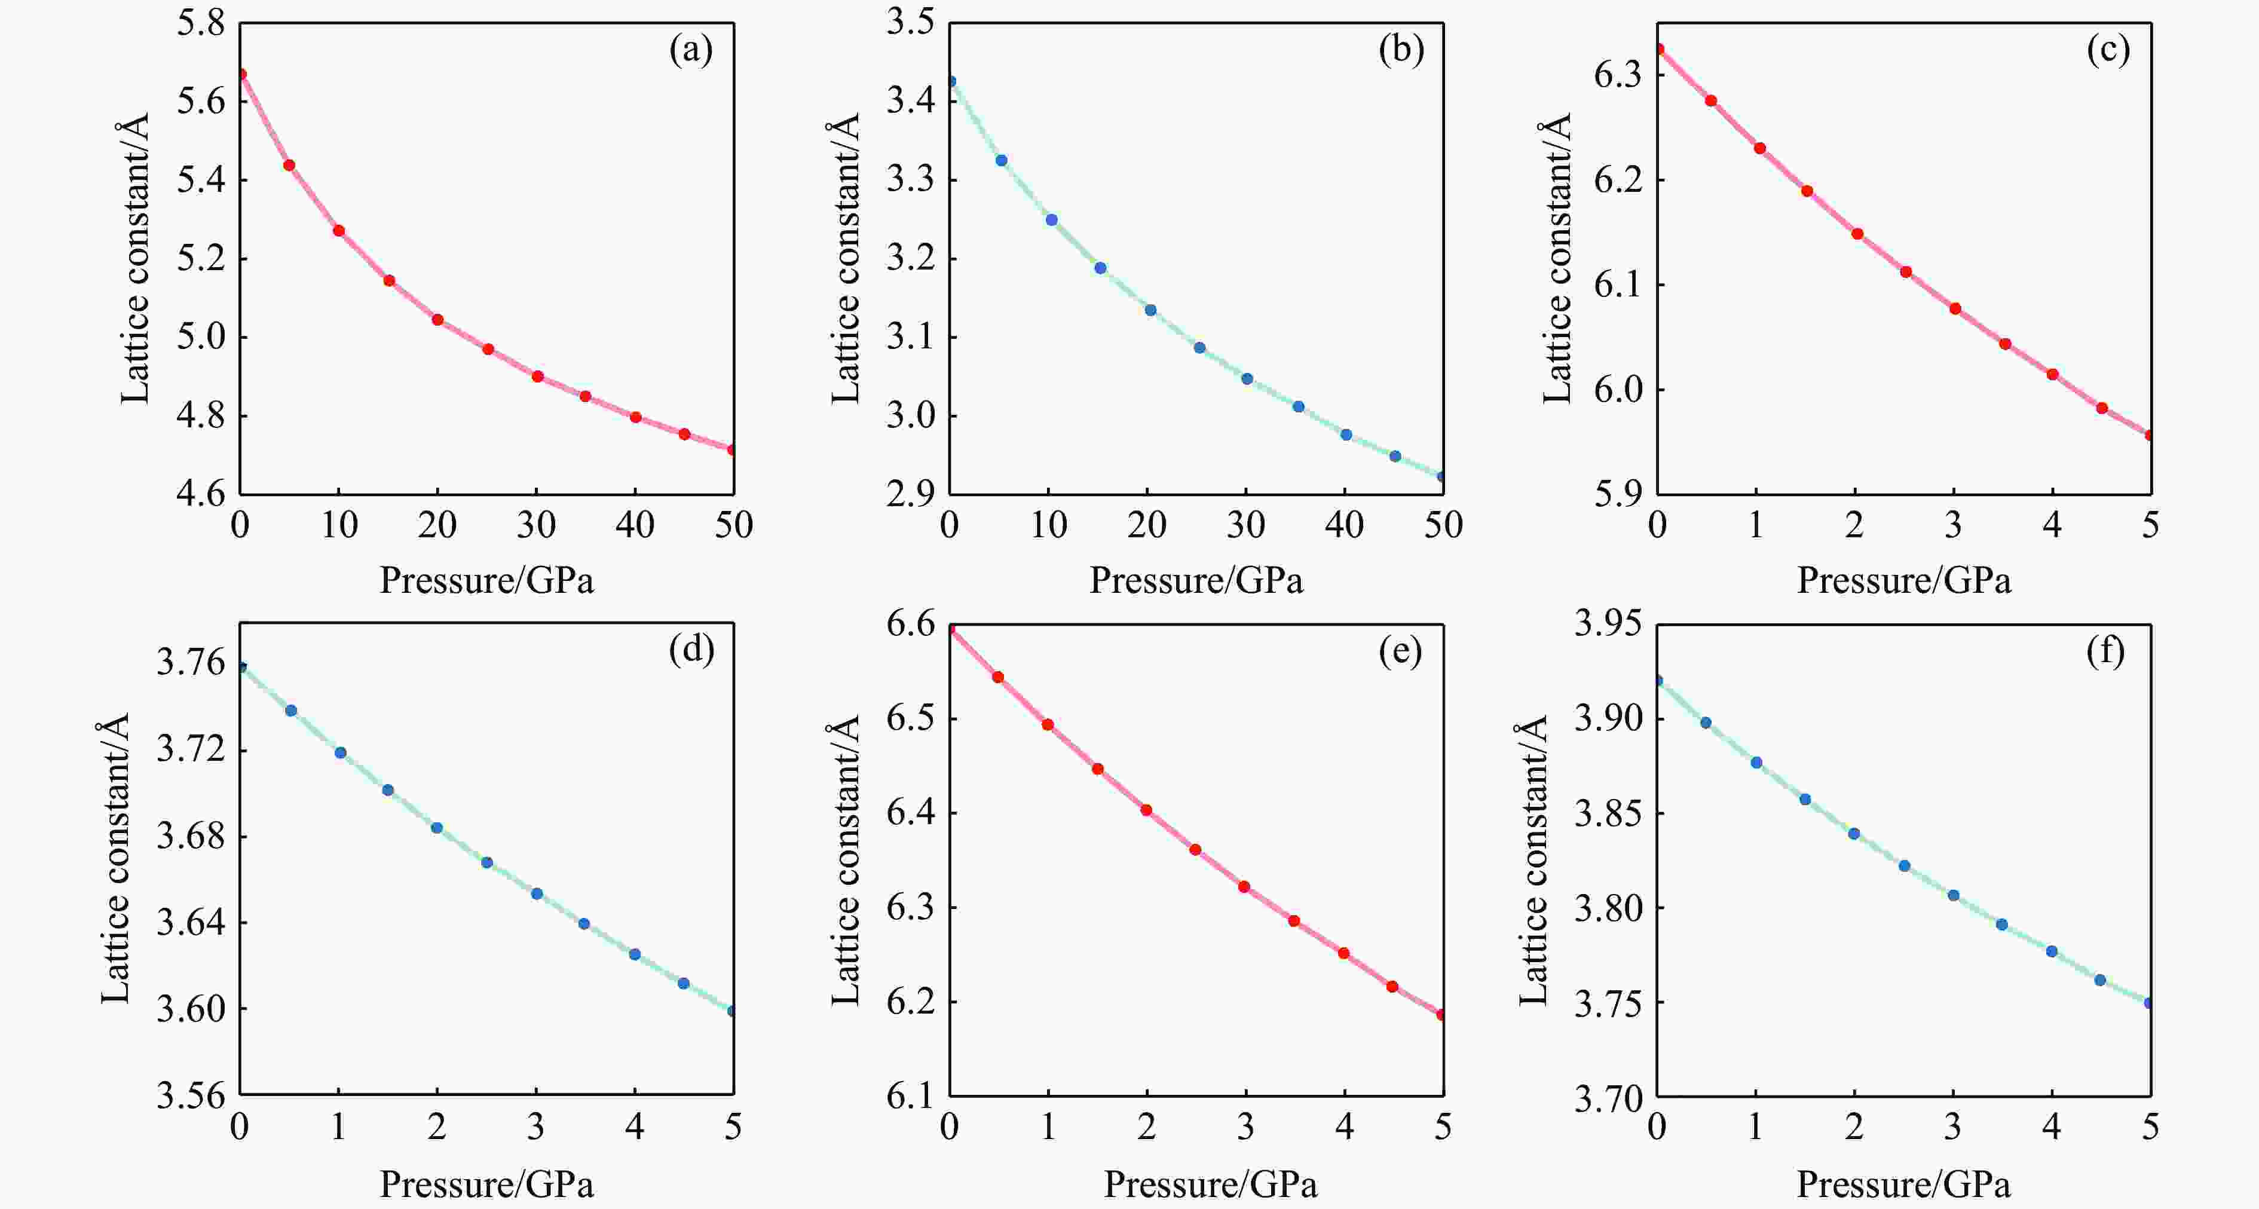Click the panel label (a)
click(x=691, y=50)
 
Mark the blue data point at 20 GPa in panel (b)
click(x=1150, y=310)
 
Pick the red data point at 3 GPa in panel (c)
click(x=1955, y=308)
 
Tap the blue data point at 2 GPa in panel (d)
click(x=437, y=828)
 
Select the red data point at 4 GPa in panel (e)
click(x=1343, y=953)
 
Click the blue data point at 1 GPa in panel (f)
click(x=1756, y=763)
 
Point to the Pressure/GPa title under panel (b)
click(x=1196, y=580)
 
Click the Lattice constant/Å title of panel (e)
click(x=844, y=859)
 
